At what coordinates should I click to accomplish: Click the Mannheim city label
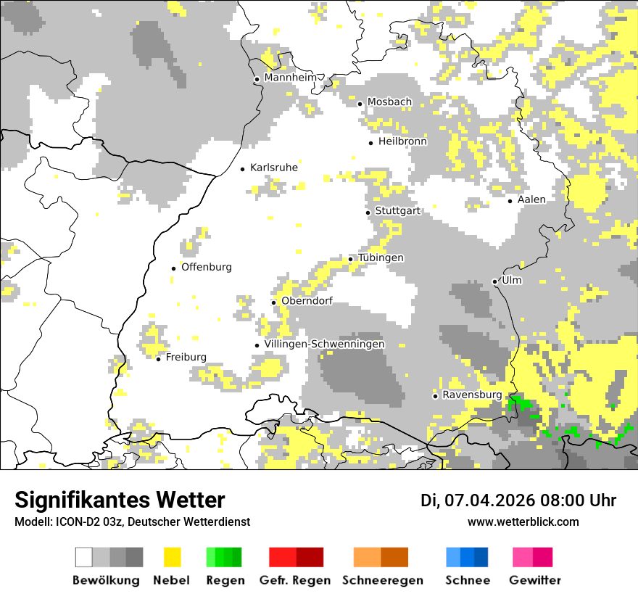click(x=290, y=78)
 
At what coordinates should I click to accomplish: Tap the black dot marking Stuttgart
click(x=368, y=212)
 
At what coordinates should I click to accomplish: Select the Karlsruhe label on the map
click(x=273, y=168)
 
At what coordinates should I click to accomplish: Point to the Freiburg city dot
click(x=159, y=358)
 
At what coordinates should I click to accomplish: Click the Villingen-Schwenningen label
click(x=324, y=344)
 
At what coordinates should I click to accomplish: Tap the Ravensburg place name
click(x=472, y=395)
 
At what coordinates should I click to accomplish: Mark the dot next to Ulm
click(x=495, y=281)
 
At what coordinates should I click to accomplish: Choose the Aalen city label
click(x=531, y=199)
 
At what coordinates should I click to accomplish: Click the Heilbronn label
click(x=402, y=141)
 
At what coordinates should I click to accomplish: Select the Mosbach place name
click(x=389, y=102)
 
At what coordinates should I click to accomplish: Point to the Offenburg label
click(x=206, y=267)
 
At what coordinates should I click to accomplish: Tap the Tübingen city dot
click(x=351, y=259)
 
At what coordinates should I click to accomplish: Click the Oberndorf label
click(x=306, y=301)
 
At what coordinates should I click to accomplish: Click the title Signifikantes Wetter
click(x=120, y=500)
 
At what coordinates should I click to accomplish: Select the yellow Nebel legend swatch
click(x=172, y=557)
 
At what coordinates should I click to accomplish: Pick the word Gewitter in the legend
click(x=535, y=580)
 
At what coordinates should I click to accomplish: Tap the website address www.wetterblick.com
click(x=523, y=521)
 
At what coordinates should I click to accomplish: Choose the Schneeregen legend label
click(x=382, y=580)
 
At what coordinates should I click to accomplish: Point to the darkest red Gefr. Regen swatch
click(x=310, y=557)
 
